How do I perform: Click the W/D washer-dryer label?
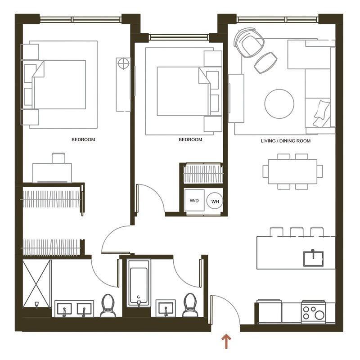pyautogui.click(x=194, y=201)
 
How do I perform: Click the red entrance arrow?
pyautogui.click(x=226, y=342)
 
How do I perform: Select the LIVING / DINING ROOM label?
pyautogui.click(x=286, y=141)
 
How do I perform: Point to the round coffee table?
pyautogui.click(x=279, y=104)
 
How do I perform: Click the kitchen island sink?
pyautogui.click(x=313, y=258)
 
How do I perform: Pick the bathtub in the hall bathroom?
pyautogui.click(x=139, y=283)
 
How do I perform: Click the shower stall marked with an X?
pyautogui.click(x=36, y=284)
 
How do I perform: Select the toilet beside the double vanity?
pyautogui.click(x=108, y=306)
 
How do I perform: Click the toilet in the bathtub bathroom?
pyautogui.click(x=190, y=306)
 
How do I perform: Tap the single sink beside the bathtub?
pyautogui.click(x=166, y=308)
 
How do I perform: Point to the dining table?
pyautogui.click(x=292, y=171)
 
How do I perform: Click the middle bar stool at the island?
pyautogui.click(x=297, y=232)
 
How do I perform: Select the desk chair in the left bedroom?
pyautogui.click(x=58, y=158)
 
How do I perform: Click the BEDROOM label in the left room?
pyautogui.click(x=83, y=139)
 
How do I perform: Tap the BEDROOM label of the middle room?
pyautogui.click(x=190, y=139)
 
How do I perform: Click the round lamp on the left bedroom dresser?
pyautogui.click(x=123, y=63)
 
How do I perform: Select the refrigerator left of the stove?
pyautogui.click(x=269, y=312)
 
